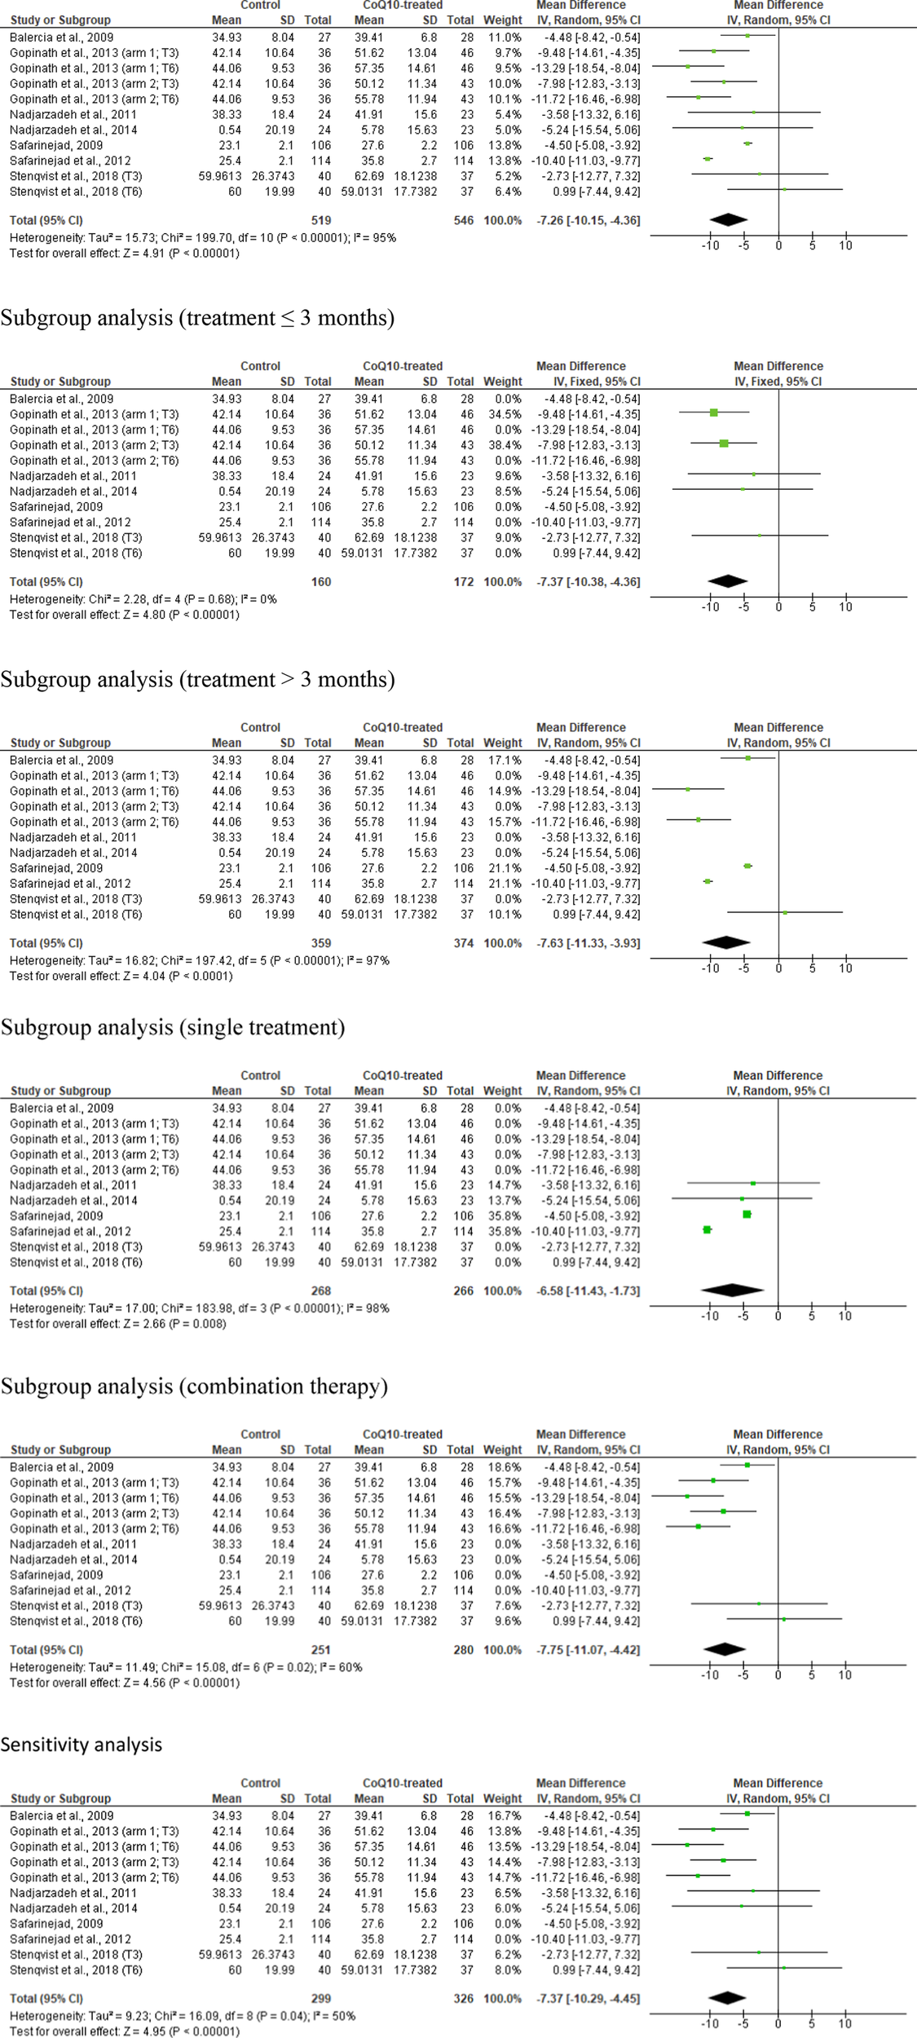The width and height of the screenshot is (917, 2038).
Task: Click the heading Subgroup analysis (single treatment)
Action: coord(172,1027)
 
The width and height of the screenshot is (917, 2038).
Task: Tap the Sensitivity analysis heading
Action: coord(82,1745)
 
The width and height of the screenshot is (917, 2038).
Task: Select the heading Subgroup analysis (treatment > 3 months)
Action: coord(197,679)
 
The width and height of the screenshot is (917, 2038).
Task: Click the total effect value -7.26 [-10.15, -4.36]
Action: coord(588,220)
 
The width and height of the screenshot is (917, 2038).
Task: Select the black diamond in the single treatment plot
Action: coord(732,1290)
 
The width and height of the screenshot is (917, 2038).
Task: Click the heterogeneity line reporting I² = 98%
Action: coord(200,1308)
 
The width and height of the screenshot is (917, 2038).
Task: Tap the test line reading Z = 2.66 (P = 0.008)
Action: coord(118,1323)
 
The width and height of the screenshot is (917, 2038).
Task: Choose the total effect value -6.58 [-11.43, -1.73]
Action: coord(588,1290)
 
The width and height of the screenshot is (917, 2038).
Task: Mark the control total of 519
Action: coord(320,220)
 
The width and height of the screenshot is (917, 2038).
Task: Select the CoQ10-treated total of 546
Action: coord(463,220)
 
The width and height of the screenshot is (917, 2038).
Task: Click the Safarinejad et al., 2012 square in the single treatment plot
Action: coord(708,1229)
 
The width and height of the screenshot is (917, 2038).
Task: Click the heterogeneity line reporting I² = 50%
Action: coord(183,2015)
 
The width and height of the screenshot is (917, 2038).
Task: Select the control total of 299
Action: coord(320,1998)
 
